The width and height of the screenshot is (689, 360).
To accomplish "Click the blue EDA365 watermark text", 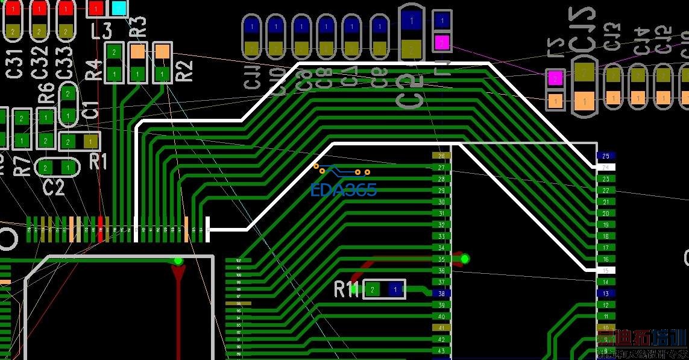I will (344, 191).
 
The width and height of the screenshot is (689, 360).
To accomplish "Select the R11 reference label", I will (347, 289).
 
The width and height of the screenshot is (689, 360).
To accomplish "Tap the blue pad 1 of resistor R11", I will (395, 290).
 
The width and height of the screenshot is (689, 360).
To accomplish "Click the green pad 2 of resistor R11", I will (373, 290).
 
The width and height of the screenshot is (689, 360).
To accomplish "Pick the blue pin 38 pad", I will (442, 294).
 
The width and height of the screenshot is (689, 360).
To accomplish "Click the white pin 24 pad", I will (606, 167).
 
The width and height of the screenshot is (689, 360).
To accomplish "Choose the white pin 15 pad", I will (606, 271).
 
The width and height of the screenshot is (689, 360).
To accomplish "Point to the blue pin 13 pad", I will (606, 294).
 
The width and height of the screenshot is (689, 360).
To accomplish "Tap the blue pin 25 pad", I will (606, 156).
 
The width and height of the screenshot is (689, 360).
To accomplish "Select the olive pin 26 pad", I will (442, 156).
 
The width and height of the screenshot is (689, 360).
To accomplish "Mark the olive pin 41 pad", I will (442, 328).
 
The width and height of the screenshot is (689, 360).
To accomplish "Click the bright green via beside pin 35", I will (465, 259).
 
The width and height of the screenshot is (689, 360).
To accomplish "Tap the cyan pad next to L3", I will (119, 8).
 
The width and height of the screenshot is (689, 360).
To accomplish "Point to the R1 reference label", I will (98, 162).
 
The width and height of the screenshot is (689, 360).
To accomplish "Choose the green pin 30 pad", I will (442, 202).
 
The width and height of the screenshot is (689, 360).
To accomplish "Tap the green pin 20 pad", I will (606, 213).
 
